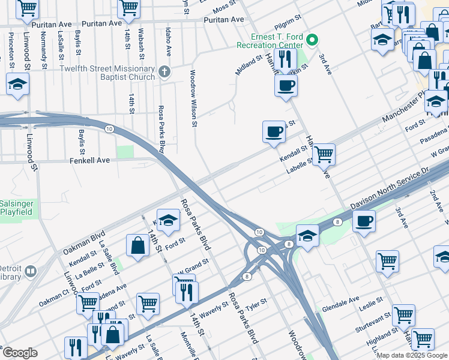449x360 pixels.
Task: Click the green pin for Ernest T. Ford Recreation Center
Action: coord(312,41)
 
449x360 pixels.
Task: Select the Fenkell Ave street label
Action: coord(89,161)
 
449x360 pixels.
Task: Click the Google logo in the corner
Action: coord(19,353)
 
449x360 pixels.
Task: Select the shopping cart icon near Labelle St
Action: coord(324,154)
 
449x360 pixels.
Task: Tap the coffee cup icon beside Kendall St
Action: coord(274,131)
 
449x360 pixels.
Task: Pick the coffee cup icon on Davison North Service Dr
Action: coord(364,221)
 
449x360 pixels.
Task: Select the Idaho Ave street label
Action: coord(169,43)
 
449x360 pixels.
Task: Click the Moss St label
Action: coord(224,6)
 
